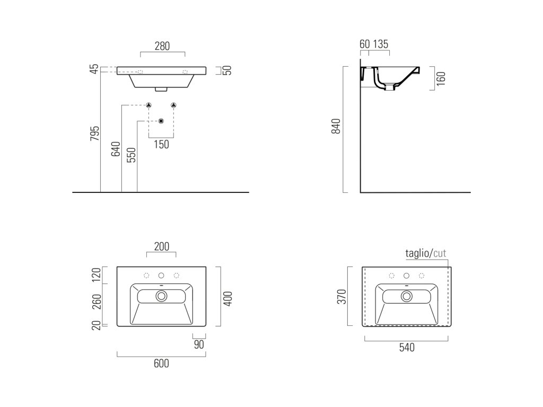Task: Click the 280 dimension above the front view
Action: pyautogui.click(x=162, y=46)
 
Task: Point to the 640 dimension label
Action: pyautogui.click(x=116, y=150)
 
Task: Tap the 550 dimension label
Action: pyautogui.click(x=132, y=154)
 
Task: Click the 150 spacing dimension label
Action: pyautogui.click(x=161, y=144)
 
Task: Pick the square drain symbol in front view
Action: pyautogui.click(x=161, y=121)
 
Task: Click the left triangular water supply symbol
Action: pyautogui.click(x=149, y=105)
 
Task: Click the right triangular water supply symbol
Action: pyautogui.click(x=174, y=105)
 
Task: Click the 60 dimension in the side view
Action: pyautogui.click(x=364, y=44)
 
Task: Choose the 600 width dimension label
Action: pyautogui.click(x=161, y=363)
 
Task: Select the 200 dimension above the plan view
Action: pyautogui.click(x=161, y=246)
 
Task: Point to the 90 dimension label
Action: pyautogui.click(x=199, y=344)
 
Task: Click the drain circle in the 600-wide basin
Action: pyautogui.click(x=161, y=296)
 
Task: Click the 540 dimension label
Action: pyautogui.click(x=407, y=348)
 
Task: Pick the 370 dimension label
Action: pyautogui.click(x=342, y=296)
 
